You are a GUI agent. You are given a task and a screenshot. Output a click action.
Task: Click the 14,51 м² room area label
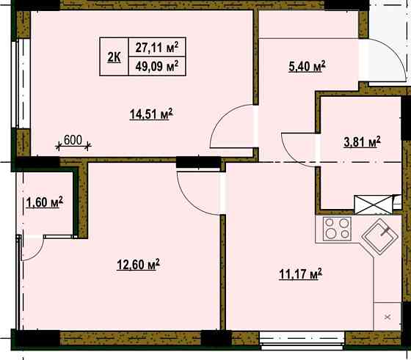pos(151,114)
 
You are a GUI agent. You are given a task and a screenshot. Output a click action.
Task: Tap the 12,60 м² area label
pos(138,264)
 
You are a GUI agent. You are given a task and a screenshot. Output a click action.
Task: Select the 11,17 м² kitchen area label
pos(301,274)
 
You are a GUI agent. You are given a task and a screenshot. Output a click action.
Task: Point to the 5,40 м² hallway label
pos(307,66)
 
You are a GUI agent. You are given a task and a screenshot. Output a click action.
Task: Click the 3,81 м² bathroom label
pos(362,142)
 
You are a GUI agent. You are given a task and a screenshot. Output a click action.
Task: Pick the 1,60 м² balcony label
pos(45,202)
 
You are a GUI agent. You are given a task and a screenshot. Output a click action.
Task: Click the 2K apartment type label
pos(114,57)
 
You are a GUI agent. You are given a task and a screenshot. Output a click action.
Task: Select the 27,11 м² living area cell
pos(157,47)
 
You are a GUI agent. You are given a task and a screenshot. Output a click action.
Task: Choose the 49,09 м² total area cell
pos(157,66)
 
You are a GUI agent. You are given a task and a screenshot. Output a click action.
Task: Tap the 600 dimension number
pos(73,140)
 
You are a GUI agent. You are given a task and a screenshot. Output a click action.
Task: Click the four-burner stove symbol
pos(337,229)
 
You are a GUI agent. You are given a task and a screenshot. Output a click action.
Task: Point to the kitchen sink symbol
pos(380,236)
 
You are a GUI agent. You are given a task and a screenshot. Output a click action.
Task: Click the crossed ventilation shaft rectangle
pos(374,205)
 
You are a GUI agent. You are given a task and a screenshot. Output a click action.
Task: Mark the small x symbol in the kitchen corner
pos(388,317)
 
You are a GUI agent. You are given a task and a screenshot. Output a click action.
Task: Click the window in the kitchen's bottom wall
pos(302,340)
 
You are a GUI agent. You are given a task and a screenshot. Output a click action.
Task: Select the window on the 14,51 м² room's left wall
pos(21,84)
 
